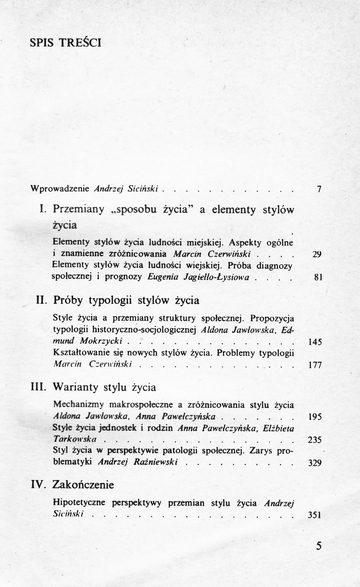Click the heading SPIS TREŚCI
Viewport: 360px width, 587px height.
[65, 43]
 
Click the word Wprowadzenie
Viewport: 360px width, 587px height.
[60, 189]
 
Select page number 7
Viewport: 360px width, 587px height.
[319, 189]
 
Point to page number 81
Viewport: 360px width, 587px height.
[318, 277]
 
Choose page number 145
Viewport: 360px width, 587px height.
[315, 342]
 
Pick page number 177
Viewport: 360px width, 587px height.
[315, 365]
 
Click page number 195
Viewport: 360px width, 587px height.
[315, 417]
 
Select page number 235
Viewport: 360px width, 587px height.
[315, 440]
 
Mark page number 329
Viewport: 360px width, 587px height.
[315, 463]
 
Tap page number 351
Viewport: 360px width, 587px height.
[314, 515]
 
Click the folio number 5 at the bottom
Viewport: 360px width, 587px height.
[319, 546]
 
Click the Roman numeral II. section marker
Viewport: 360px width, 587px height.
[43, 301]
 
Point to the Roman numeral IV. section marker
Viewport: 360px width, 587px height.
[40, 485]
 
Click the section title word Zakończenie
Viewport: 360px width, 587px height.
[83, 485]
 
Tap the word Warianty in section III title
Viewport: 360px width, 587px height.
[76, 387]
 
